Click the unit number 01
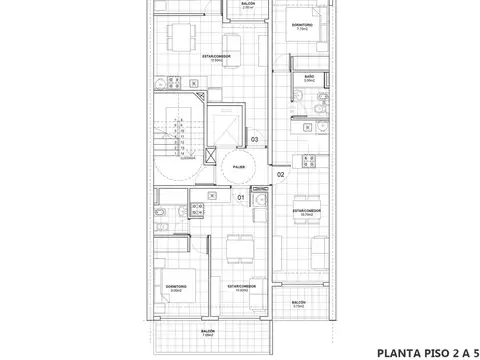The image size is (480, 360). click(x=241, y=198)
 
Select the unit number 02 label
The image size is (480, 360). click(x=281, y=175)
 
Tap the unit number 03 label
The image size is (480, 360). click(x=255, y=139)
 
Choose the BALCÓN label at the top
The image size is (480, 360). click(x=247, y=5)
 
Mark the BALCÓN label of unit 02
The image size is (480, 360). click(x=298, y=302)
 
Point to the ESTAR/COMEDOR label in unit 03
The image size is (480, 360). click(x=211, y=57)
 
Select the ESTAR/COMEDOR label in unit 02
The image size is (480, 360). click(x=307, y=213)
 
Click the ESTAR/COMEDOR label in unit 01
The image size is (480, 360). click(x=242, y=286)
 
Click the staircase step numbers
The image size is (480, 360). click(x=179, y=132)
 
